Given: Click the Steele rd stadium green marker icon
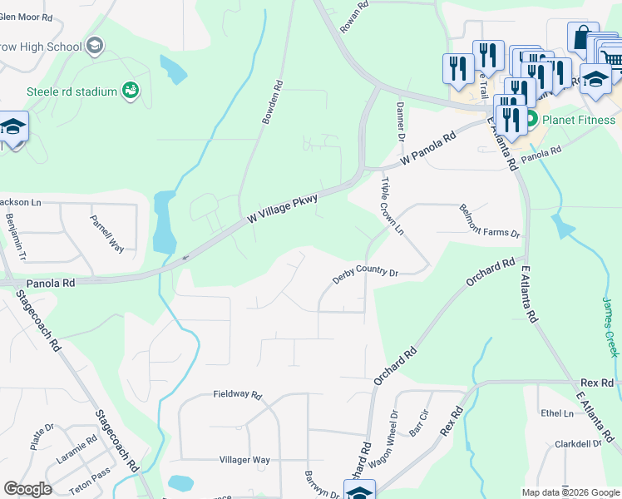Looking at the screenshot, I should pos(130,91).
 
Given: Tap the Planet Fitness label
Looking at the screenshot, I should pos(578,120).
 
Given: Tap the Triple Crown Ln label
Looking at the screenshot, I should pos(392,205).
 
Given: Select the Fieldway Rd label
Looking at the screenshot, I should pos(237,394).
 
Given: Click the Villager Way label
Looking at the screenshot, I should pos(244,460).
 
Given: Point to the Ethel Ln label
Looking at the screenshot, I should pos(557,413).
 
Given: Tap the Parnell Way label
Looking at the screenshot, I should pos(106,233).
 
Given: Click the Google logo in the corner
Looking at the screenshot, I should pos(27,489).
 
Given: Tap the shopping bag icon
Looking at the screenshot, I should pos(583,37).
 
